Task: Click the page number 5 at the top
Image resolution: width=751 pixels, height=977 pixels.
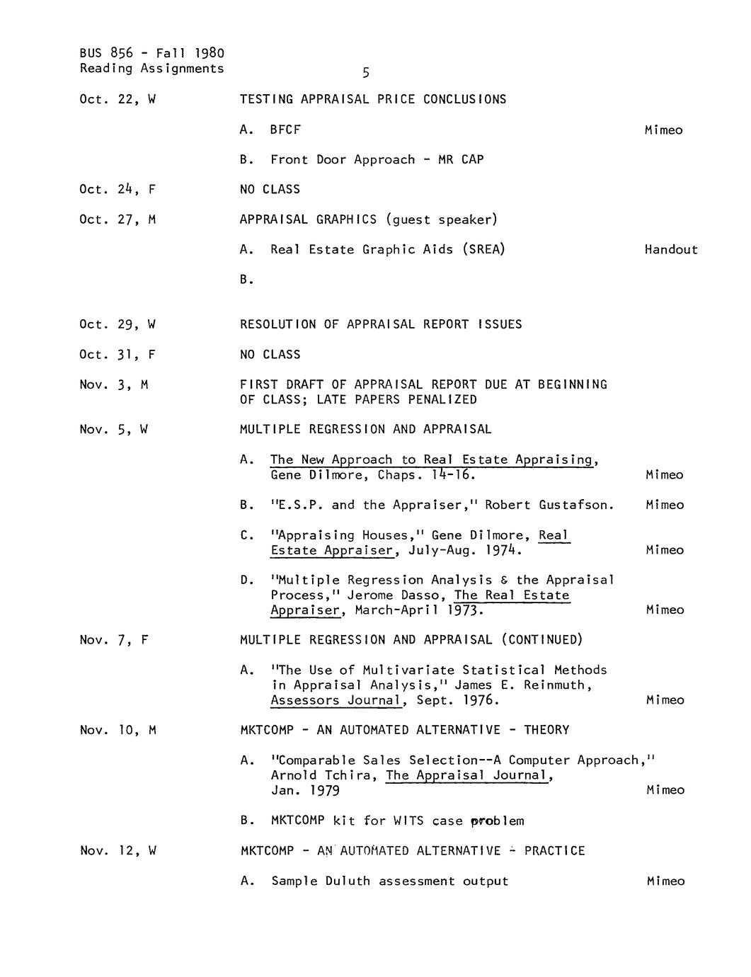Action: [x=366, y=73]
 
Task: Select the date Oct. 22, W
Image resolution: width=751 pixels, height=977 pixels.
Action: [x=117, y=100]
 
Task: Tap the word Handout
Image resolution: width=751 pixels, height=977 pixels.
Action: [x=671, y=250]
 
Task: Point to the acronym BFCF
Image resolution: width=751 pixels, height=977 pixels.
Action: [x=285, y=130]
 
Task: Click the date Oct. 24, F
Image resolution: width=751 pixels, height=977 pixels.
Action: [x=117, y=190]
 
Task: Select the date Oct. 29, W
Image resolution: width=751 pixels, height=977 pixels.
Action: [x=117, y=325]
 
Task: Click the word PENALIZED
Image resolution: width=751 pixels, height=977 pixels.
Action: [x=442, y=400]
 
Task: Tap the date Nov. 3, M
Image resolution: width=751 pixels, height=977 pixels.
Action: [x=114, y=385]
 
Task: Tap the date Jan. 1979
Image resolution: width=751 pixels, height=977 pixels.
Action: [x=305, y=791]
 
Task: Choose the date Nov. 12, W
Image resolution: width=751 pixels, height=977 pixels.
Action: [x=117, y=851]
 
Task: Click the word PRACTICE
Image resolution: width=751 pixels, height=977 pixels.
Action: [x=554, y=851]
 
